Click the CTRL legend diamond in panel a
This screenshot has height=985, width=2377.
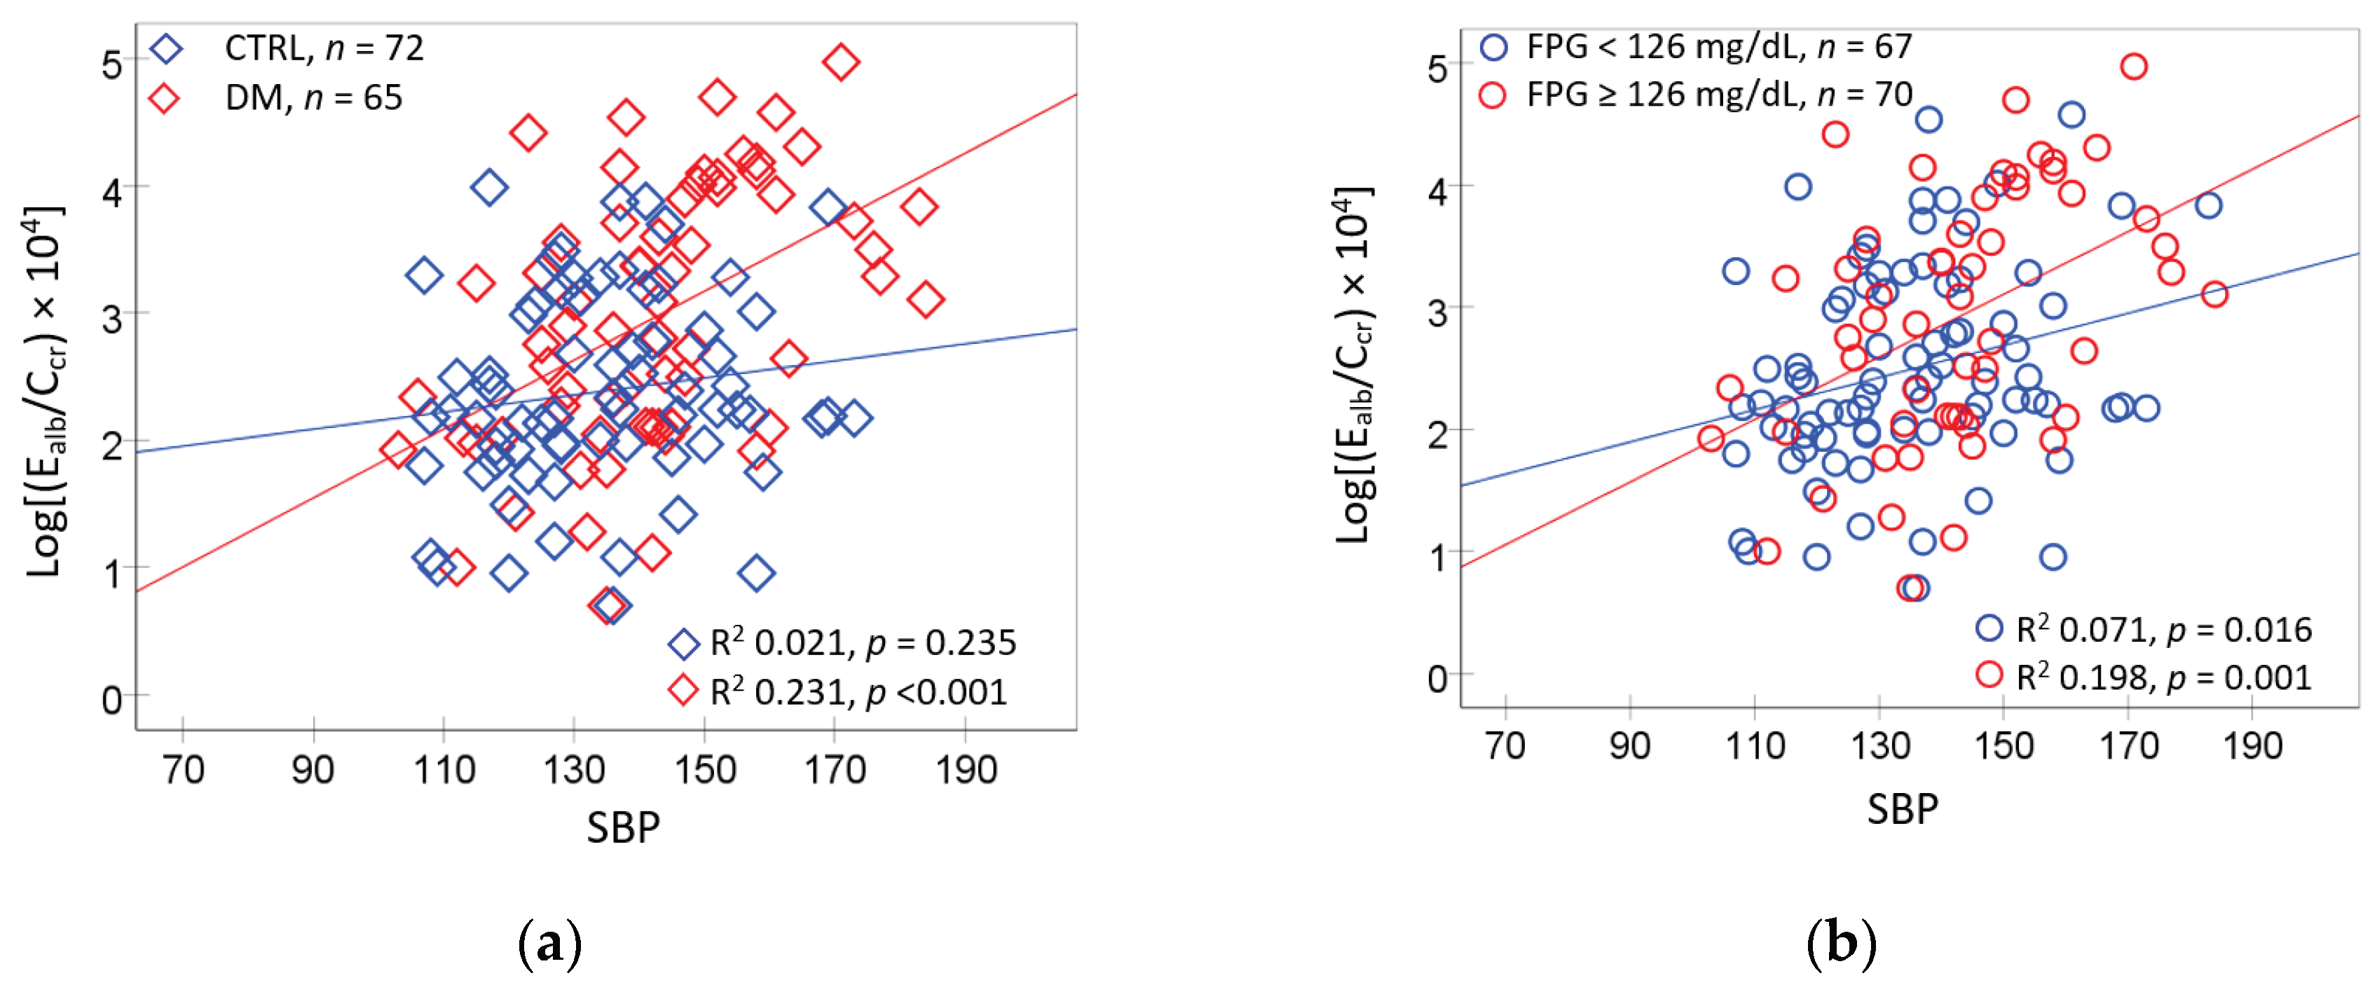166,48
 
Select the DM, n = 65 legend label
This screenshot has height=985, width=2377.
314,98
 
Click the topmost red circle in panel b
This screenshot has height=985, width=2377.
2132,67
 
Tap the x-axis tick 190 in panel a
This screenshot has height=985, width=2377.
965,769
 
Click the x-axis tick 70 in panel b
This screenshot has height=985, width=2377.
1505,745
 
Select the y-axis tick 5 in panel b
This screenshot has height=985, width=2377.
1437,68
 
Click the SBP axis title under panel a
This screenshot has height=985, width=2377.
623,827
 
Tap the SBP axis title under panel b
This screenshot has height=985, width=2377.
1903,809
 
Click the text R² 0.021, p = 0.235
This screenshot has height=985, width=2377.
863,643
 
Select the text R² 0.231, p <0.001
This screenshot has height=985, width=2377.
858,691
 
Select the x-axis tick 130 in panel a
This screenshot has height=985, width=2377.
574,769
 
